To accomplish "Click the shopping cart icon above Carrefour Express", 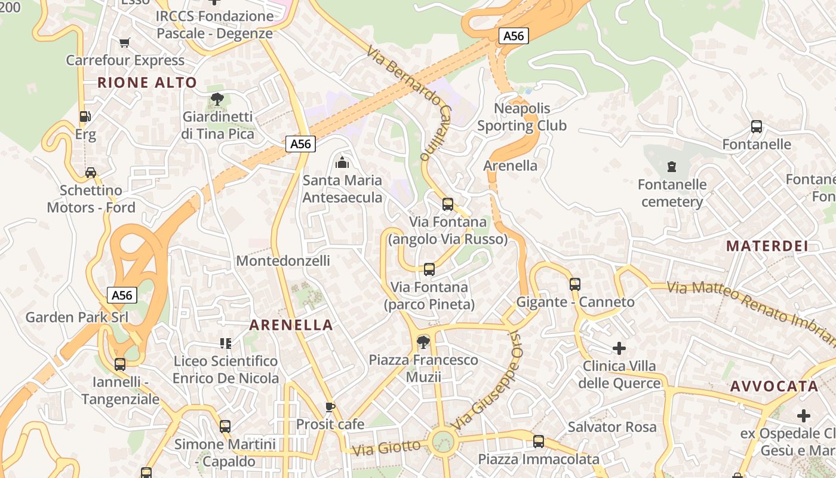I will pyautogui.click(x=124, y=42).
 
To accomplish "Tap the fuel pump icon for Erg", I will pyautogui.click(x=85, y=117).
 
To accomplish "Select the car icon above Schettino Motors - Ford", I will pyautogui.click(x=90, y=173).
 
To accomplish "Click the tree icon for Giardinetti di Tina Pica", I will pyautogui.click(x=217, y=99).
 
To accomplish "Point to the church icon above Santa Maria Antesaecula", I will pyautogui.click(x=342, y=162).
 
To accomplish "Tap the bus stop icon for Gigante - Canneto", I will pyautogui.click(x=575, y=284).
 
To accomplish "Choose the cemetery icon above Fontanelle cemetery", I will pyautogui.click(x=672, y=166).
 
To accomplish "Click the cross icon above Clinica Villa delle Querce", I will pyautogui.click(x=619, y=348).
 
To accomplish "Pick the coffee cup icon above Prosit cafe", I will pyautogui.click(x=330, y=407).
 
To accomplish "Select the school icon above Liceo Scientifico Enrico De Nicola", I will pyautogui.click(x=225, y=343).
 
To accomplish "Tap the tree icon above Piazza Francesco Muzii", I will pyautogui.click(x=423, y=342).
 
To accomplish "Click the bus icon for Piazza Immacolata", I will pyautogui.click(x=539, y=442).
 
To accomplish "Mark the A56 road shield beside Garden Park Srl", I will pyautogui.click(x=122, y=295).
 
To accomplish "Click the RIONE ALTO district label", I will pyautogui.click(x=147, y=82).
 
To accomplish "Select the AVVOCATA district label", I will pyautogui.click(x=774, y=386).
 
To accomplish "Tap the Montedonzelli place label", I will pyautogui.click(x=283, y=261).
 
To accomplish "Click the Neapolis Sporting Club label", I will pyautogui.click(x=522, y=117).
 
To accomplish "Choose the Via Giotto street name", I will pyautogui.click(x=386, y=448).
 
